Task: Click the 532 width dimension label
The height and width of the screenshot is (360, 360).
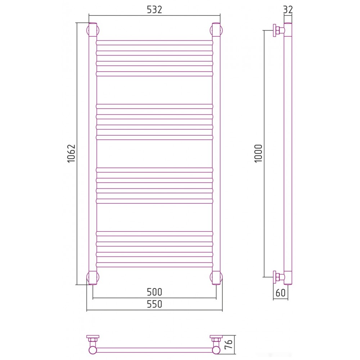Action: pyautogui.click(x=154, y=10)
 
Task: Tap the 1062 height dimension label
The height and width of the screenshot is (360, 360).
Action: pyautogui.click(x=71, y=153)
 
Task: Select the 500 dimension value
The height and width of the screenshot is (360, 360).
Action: pyautogui.click(x=154, y=292)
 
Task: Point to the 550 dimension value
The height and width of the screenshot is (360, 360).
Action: pyautogui.click(x=154, y=304)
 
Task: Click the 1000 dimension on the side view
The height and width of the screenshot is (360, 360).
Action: pyautogui.click(x=258, y=153)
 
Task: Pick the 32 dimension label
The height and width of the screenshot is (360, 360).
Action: pyautogui.click(x=288, y=10)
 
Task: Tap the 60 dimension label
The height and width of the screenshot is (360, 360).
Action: pyautogui.click(x=280, y=293)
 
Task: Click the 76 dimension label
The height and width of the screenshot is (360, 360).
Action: pyautogui.click(x=229, y=345)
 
